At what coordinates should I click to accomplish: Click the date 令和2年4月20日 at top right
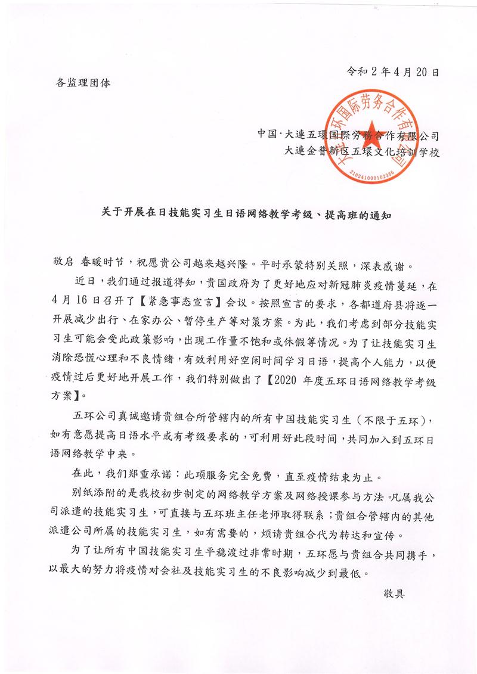(393, 73)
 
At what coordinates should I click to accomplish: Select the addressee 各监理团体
(78, 83)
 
